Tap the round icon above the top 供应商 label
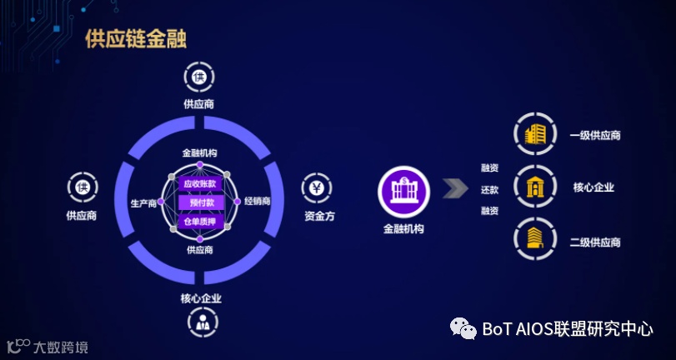[x=199, y=78]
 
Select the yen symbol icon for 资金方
[x=318, y=188]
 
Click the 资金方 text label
[x=319, y=217]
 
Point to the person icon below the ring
[x=201, y=322]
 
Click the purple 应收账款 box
[x=199, y=183]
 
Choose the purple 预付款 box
[x=200, y=202]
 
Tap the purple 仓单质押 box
[x=199, y=222]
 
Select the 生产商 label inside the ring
[x=144, y=202]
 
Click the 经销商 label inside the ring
[x=256, y=202]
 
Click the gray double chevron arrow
[x=454, y=188]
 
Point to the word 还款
[x=489, y=189]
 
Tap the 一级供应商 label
[x=594, y=135]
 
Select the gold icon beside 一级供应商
[x=533, y=135]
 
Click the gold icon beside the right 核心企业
[x=533, y=187]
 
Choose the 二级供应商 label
[x=594, y=242]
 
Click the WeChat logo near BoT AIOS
[x=463, y=328]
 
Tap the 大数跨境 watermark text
[x=59, y=347]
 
